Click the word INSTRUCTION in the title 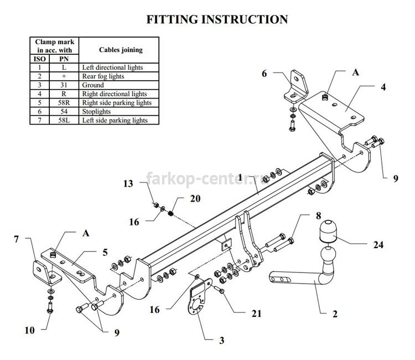pos(245,19)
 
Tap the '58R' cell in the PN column pos(64,103)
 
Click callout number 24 pos(378,245)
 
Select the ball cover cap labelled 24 pos(328,232)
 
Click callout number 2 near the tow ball pos(335,314)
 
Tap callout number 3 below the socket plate pos(221,341)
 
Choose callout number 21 pos(256,313)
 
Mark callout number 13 pos(128,183)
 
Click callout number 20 pos(195,199)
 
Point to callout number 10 pos(29,330)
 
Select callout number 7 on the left pos(17,239)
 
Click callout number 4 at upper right pos(383,87)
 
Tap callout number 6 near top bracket pos(264,74)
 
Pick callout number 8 pos(318,215)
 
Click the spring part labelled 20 pos(171,213)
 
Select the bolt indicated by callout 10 pos(50,307)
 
